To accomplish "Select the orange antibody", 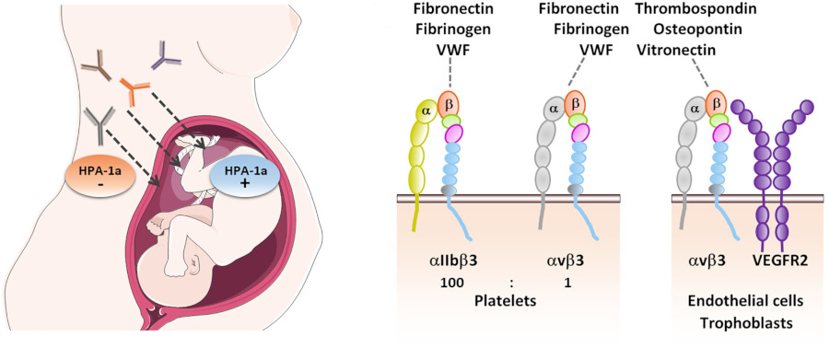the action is point(133,88).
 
